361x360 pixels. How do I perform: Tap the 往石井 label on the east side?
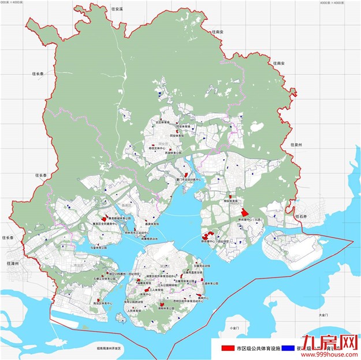click(302, 215)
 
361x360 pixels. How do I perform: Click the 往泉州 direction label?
click(296, 145)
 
